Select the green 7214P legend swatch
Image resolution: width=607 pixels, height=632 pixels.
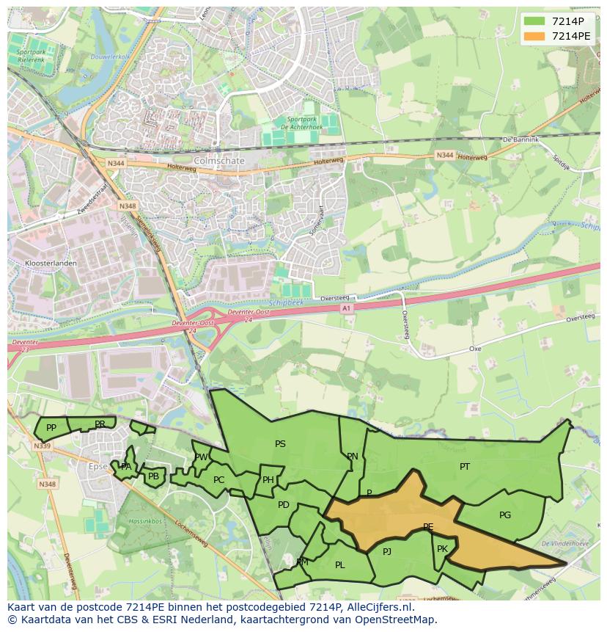point(534,21)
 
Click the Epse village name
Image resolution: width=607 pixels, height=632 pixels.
point(98,466)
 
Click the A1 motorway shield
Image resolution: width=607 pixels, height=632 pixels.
point(347,309)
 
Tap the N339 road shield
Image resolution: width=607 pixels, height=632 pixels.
point(42,446)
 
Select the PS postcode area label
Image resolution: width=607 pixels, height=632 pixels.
point(280,444)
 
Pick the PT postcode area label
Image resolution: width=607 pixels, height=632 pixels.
point(465,467)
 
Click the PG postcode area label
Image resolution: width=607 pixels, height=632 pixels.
point(505,515)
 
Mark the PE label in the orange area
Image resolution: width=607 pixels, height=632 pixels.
point(428,527)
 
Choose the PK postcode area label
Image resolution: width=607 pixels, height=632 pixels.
point(442,549)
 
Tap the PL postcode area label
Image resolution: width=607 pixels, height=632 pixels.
point(339,565)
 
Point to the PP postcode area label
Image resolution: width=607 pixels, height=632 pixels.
point(51,428)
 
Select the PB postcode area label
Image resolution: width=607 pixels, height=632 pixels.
point(153,476)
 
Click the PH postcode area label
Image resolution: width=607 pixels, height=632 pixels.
point(268,480)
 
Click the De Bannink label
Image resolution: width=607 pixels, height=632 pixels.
point(520,139)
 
